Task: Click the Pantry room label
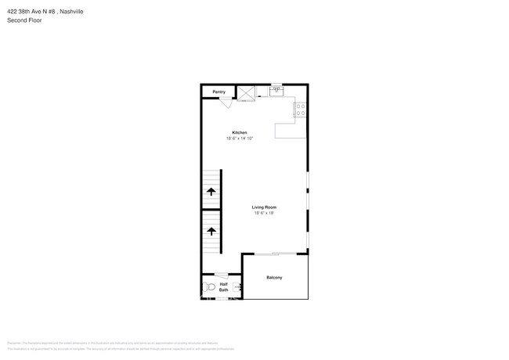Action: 218,92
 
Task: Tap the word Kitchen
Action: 240,132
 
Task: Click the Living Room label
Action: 264,207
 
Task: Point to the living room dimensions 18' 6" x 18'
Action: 264,214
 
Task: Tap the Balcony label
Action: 274,278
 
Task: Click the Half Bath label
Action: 224,287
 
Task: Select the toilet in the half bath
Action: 208,287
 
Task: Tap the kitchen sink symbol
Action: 276,90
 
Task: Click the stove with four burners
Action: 300,110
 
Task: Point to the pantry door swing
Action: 225,103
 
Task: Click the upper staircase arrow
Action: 211,191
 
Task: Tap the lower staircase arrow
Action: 211,232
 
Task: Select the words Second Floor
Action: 24,20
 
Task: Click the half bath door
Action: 222,274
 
